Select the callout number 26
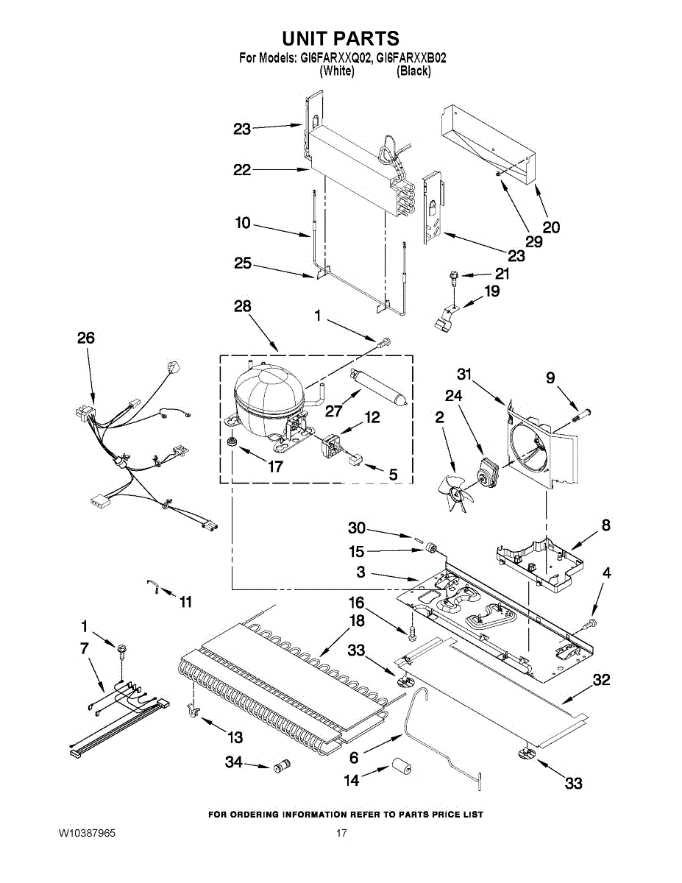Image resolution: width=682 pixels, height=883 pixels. click(86, 338)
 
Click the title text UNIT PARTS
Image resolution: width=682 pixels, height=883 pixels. click(341, 38)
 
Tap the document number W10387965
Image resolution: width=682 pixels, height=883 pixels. click(87, 834)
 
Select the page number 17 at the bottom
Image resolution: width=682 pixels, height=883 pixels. click(341, 834)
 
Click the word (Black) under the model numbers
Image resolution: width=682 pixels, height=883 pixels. click(413, 71)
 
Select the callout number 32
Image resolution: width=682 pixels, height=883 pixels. click(601, 681)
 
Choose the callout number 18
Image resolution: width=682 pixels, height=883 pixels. click(356, 621)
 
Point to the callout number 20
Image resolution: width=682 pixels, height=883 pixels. click(550, 227)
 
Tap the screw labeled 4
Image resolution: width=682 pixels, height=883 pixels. click(589, 625)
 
